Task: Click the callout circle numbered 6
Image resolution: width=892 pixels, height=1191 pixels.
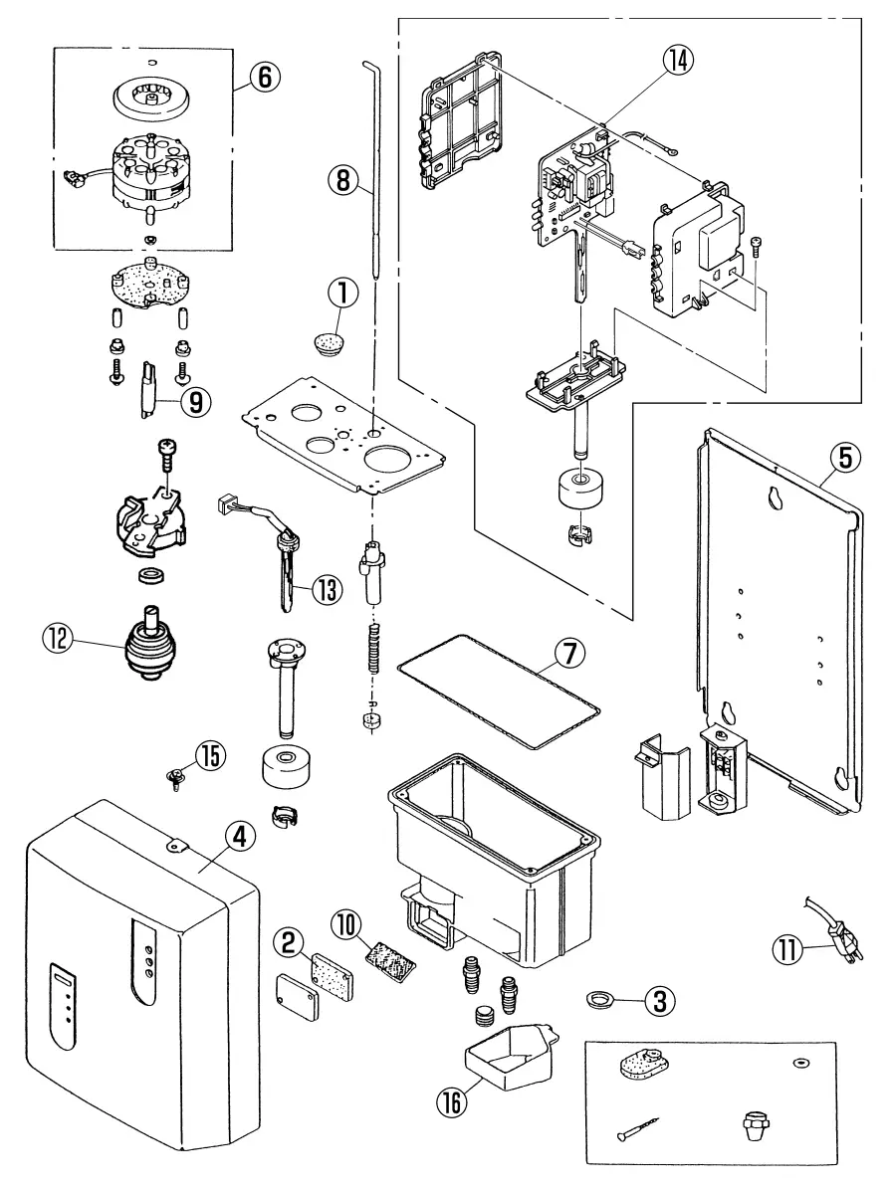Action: coord(265,77)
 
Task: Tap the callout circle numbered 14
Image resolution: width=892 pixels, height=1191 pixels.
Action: coord(679,60)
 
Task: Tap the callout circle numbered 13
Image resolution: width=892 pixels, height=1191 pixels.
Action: coord(325,588)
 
